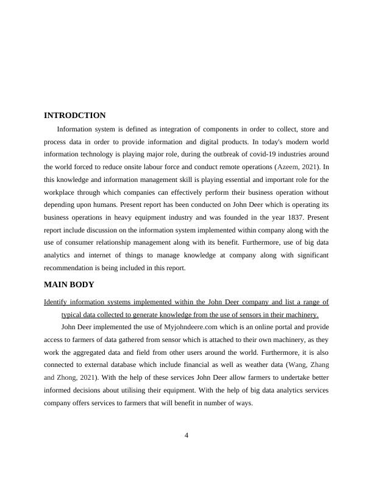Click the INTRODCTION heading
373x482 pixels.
[75, 116]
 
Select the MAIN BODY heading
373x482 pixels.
[69, 284]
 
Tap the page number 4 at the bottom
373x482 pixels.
[187, 435]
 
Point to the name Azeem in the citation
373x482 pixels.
[288, 167]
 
